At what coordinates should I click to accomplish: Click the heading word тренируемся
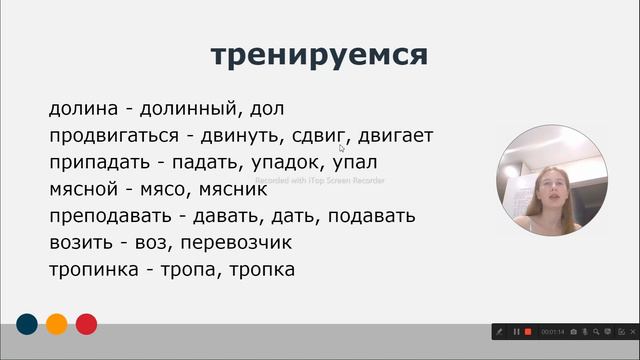point(320,55)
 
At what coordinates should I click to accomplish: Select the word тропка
point(260,270)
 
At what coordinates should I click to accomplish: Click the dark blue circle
point(27,323)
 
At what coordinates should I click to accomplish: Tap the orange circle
point(57,323)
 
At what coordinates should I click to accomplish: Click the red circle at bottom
point(87,323)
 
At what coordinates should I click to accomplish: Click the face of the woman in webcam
point(553,187)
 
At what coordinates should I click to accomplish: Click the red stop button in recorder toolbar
point(528,331)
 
